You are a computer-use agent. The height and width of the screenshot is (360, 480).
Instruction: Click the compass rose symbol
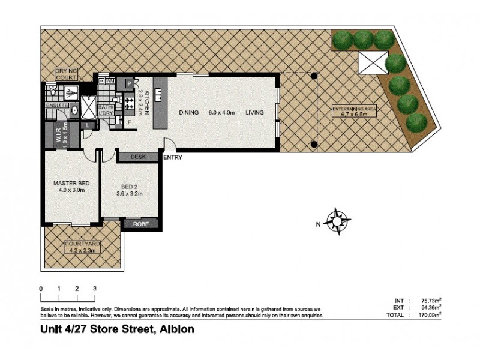(x=337, y=221)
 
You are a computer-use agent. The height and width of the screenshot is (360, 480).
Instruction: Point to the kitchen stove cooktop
(x=129, y=102)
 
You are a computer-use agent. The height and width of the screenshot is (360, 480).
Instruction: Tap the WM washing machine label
(x=109, y=80)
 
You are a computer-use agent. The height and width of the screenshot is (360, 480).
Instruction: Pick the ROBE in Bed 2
(x=142, y=224)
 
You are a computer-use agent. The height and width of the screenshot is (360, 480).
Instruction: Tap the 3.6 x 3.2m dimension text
(x=130, y=194)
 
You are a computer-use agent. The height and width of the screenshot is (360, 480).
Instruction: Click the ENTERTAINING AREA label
(x=354, y=108)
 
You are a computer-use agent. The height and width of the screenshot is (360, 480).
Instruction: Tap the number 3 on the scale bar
(x=95, y=289)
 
